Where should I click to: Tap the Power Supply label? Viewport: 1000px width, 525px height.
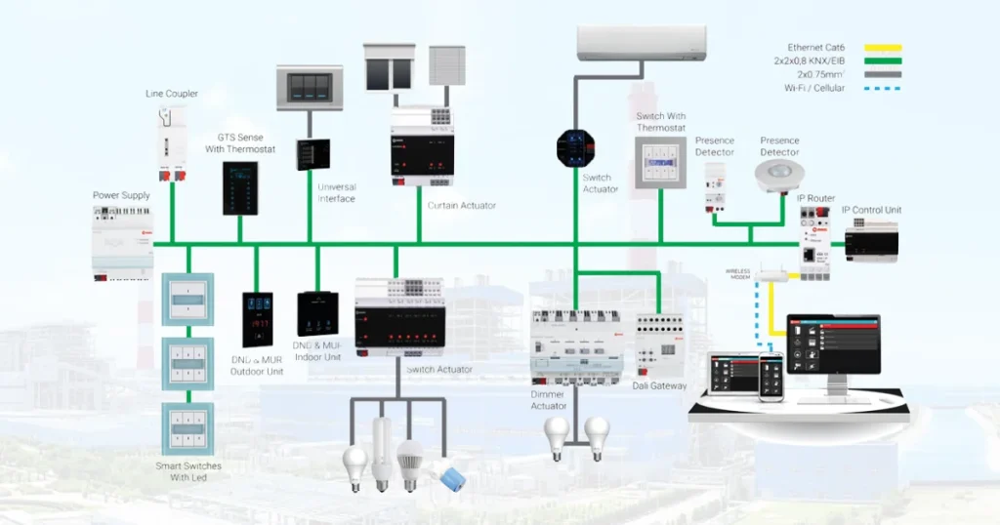coord(121,195)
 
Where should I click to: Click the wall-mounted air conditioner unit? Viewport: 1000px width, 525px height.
coord(641,43)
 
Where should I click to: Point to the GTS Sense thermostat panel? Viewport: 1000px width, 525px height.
coord(241,188)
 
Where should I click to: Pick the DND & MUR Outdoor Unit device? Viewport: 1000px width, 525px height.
coord(258,319)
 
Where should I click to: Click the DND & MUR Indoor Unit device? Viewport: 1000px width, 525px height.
coord(316,314)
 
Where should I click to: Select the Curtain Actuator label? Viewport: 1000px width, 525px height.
coord(461,205)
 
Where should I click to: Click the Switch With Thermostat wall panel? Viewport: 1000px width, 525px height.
coord(659,161)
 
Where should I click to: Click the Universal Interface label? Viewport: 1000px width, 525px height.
coord(336,192)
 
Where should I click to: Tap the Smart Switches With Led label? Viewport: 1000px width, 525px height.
coord(188,471)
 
